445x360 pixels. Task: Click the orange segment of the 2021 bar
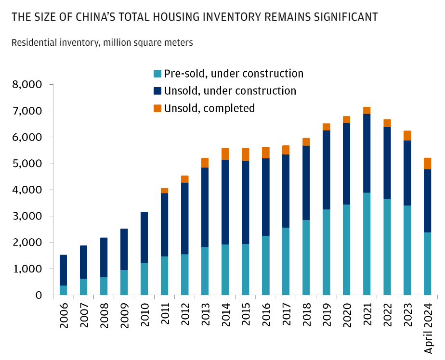(x=366, y=110)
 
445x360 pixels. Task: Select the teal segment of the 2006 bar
(x=63, y=290)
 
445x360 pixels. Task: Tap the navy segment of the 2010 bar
(x=144, y=237)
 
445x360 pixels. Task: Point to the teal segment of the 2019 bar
(x=326, y=252)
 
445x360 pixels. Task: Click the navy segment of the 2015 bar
(x=245, y=202)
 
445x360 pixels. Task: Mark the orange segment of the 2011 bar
(x=164, y=191)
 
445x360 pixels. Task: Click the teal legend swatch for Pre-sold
(x=157, y=74)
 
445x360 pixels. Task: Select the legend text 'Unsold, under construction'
(x=230, y=91)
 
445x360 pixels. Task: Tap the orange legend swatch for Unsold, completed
(x=157, y=109)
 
